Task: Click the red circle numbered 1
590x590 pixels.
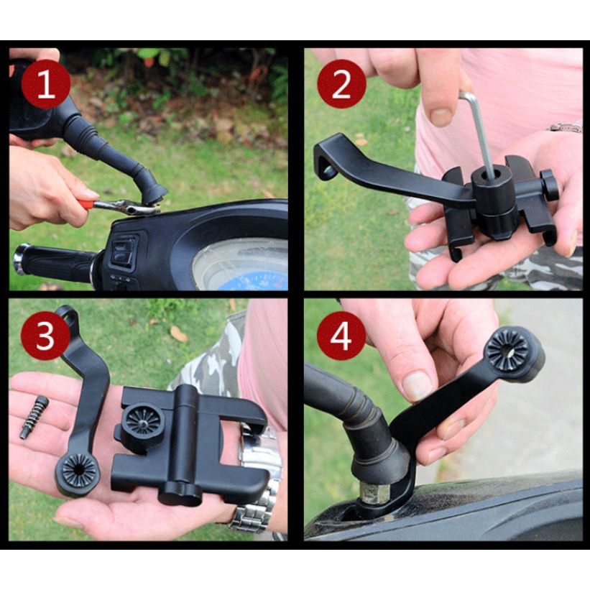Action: coord(45,84)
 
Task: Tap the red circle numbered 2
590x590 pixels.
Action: coord(341,84)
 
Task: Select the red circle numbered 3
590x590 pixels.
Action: coord(45,336)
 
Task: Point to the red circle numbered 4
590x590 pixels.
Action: coord(341,336)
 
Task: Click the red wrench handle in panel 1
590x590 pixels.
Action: coord(86,203)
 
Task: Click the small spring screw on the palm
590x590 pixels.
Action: coord(34,417)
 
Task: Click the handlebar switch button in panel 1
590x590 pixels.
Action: coord(124,249)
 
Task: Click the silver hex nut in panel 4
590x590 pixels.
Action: coord(372,494)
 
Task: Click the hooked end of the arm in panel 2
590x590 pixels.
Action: coord(326,157)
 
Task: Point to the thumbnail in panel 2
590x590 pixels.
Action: coord(441,117)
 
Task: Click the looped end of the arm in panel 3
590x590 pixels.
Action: coord(68,317)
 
